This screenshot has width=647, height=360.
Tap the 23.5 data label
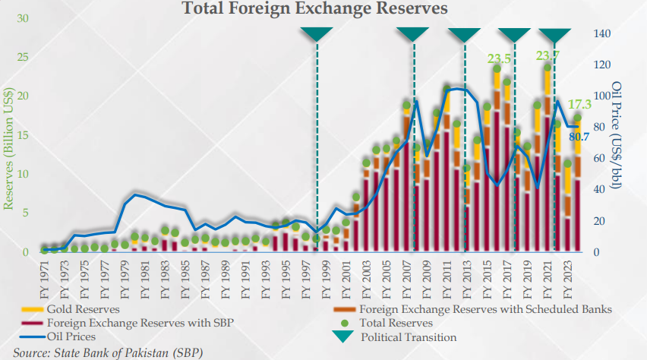pyautogui.click(x=498, y=58)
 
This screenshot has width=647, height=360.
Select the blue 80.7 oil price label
pyautogui.click(x=579, y=137)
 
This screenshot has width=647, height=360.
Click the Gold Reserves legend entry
pyautogui.click(x=83, y=309)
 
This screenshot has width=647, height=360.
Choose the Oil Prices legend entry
pyautogui.click(x=73, y=336)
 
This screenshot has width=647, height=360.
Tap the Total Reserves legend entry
pyautogui.click(x=397, y=323)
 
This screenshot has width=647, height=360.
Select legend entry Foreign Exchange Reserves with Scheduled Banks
pyautogui.click(x=484, y=309)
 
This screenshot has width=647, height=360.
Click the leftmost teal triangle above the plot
pyautogui.click(x=317, y=34)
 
